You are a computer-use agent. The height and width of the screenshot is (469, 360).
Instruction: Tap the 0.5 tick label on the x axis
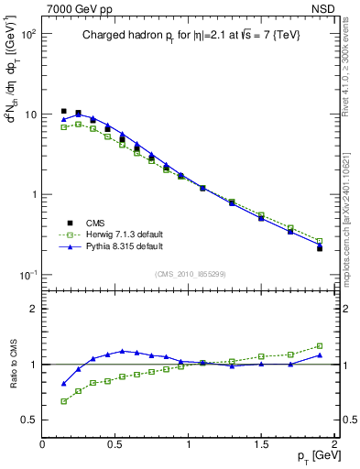[115, 443]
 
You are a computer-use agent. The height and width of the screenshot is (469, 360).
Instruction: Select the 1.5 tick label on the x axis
[261, 443]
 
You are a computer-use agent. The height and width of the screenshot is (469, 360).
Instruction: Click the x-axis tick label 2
[334, 443]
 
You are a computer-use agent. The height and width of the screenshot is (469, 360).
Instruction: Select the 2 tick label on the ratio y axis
[33, 309]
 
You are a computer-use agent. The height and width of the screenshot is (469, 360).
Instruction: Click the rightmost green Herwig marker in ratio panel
[320, 346]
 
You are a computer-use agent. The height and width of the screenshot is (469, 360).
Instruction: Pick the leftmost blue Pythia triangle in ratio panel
[63, 384]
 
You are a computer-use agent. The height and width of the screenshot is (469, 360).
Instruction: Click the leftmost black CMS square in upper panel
[63, 111]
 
